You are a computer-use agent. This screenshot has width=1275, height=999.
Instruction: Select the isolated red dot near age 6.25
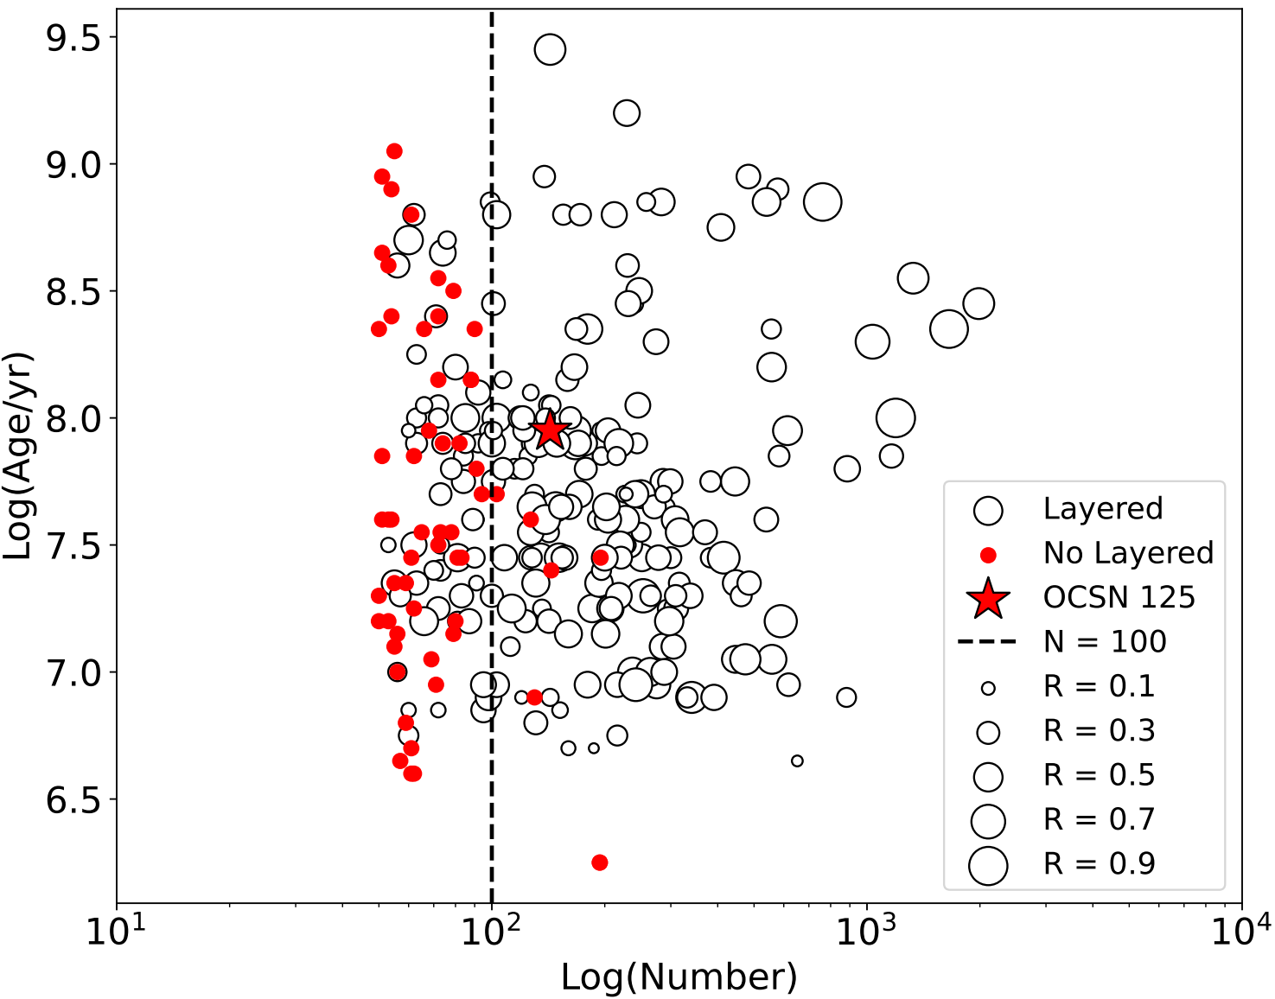[599, 862]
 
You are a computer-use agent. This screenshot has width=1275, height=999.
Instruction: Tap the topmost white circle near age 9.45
[550, 49]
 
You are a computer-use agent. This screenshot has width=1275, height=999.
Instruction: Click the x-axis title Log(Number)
[679, 977]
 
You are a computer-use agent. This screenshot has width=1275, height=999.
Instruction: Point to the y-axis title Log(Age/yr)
[17, 455]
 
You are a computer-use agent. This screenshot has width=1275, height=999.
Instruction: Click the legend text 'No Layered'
[1128, 553]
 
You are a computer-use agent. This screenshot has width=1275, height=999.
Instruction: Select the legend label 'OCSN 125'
[1119, 597]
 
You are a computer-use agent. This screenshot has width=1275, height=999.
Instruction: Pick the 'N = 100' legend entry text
[1105, 641]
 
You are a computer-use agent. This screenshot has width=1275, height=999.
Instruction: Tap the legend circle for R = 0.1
[988, 689]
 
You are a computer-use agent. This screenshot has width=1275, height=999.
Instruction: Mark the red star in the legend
[988, 599]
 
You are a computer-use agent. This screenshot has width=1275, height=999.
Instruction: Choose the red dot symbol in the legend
[988, 556]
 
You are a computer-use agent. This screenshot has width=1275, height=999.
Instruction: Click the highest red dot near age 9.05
[394, 151]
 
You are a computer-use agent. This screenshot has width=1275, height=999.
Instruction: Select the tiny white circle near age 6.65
[797, 761]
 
